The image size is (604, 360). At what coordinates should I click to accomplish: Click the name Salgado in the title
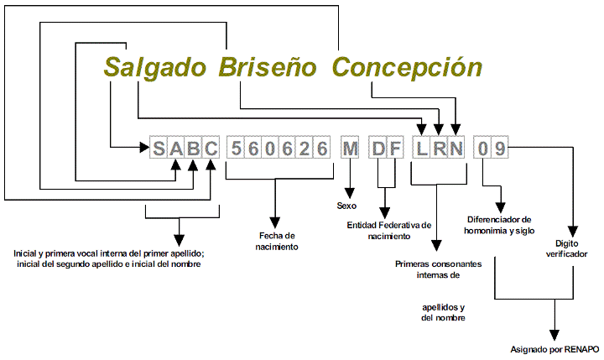tap(157, 67)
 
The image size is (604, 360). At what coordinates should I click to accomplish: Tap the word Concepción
tap(406, 67)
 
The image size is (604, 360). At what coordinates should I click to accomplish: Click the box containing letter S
tap(159, 149)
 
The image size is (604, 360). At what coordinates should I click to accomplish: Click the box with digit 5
tap(237, 149)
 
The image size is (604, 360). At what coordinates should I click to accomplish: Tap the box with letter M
tap(349, 149)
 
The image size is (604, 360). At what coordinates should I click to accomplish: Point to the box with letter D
tap(379, 149)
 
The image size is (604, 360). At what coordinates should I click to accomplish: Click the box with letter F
tap(396, 149)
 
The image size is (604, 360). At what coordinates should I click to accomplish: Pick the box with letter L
tap(421, 149)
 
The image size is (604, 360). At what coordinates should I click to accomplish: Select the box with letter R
tap(438, 149)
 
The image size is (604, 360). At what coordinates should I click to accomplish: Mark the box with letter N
tap(456, 149)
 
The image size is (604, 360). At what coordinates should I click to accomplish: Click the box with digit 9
tap(499, 149)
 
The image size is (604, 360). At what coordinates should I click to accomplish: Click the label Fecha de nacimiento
tap(278, 241)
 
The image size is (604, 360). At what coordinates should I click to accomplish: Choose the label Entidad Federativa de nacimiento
tap(388, 231)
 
